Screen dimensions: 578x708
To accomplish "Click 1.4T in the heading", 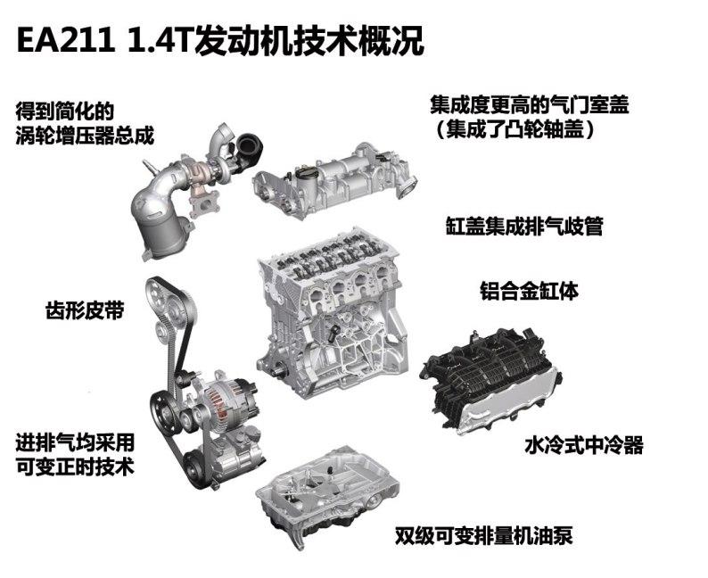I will point(147,40).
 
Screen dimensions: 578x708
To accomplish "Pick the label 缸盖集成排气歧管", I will point(524,226).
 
